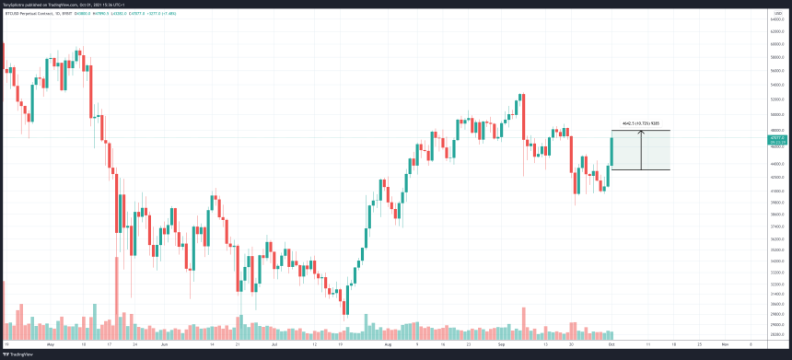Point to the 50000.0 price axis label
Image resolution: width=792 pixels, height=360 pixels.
click(776, 114)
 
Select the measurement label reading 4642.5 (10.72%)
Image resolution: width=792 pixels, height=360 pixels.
click(641, 124)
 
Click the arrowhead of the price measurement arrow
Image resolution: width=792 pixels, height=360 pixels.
click(642, 133)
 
